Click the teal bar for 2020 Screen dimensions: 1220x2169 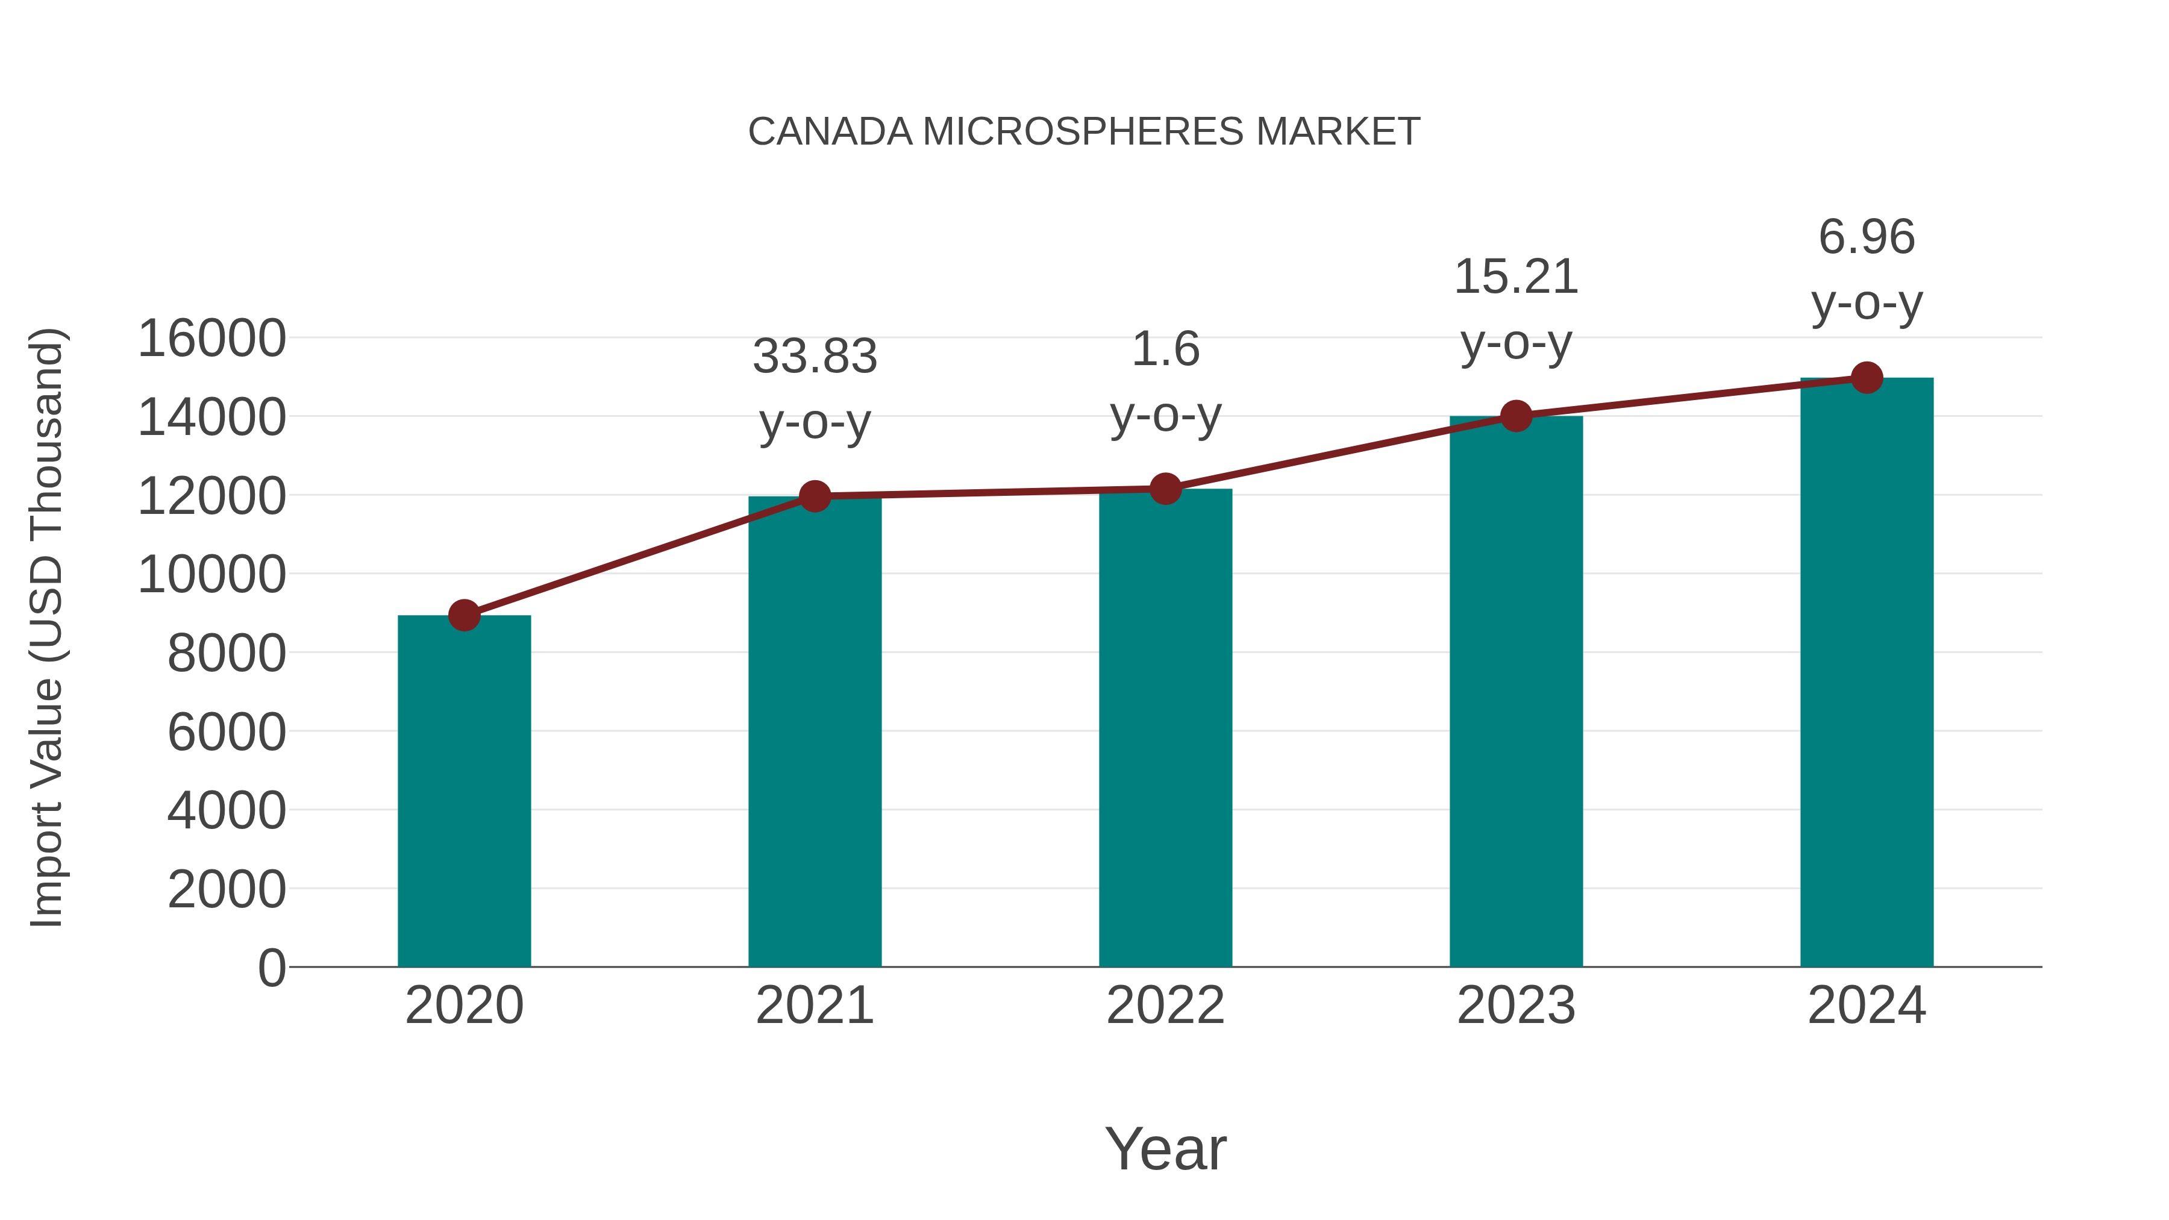464,792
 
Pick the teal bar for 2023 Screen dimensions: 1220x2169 1516,690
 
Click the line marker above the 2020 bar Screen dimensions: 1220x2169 464,616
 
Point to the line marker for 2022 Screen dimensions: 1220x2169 1165,489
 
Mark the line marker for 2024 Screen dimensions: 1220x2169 1867,378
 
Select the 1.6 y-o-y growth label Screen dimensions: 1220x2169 1165,381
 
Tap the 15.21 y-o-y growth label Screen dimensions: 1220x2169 1516,309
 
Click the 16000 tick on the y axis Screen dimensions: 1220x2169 211,339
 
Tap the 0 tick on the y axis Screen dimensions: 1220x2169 272,968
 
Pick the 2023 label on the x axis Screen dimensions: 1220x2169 1516,1006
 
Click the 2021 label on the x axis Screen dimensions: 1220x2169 814,1006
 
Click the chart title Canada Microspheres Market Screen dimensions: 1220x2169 1084,132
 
